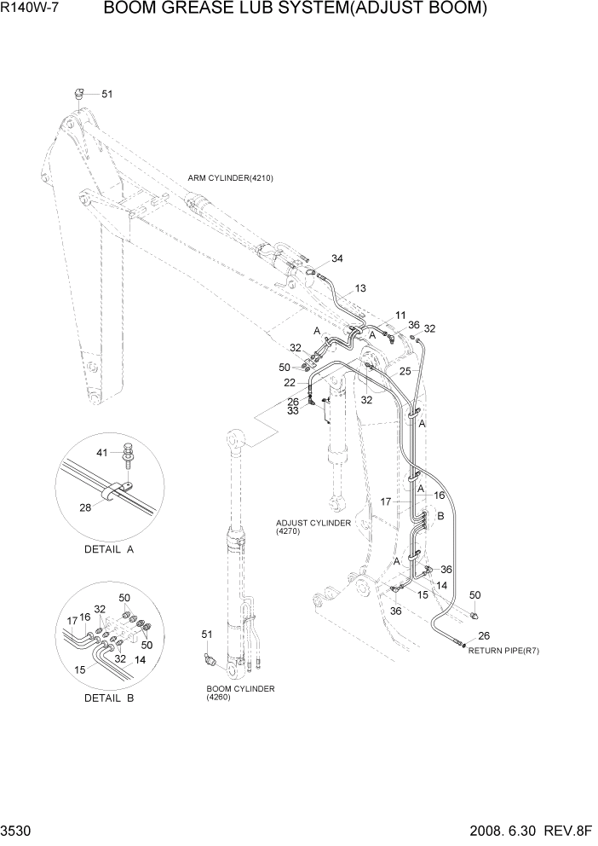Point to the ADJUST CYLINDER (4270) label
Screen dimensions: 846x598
313,527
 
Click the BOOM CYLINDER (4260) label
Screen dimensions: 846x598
240,692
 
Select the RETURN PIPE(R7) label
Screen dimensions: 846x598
503,651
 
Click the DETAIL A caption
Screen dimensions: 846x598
109,549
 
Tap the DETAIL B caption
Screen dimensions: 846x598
109,698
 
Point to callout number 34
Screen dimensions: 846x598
337,258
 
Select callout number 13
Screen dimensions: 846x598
360,289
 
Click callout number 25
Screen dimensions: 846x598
405,371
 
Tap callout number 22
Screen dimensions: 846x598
290,382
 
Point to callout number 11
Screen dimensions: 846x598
400,316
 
